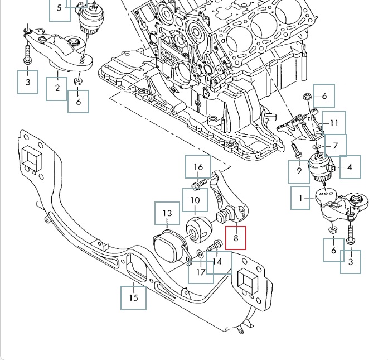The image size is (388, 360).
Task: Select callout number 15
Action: coord(134,297)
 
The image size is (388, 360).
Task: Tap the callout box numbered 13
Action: coord(167,214)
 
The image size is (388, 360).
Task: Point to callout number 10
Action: coord(196,200)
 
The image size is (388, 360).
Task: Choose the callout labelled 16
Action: coord(198,167)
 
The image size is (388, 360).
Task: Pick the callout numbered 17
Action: coord(201,272)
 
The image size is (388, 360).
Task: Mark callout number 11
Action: coord(333,123)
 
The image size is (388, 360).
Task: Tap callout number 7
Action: coord(335,146)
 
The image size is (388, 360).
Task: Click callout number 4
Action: coord(350,167)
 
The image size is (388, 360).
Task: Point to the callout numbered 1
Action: coord(301,198)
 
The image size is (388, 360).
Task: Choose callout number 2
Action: coord(57,88)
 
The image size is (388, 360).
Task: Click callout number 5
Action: coord(60,9)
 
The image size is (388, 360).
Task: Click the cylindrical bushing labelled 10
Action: coord(197,229)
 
